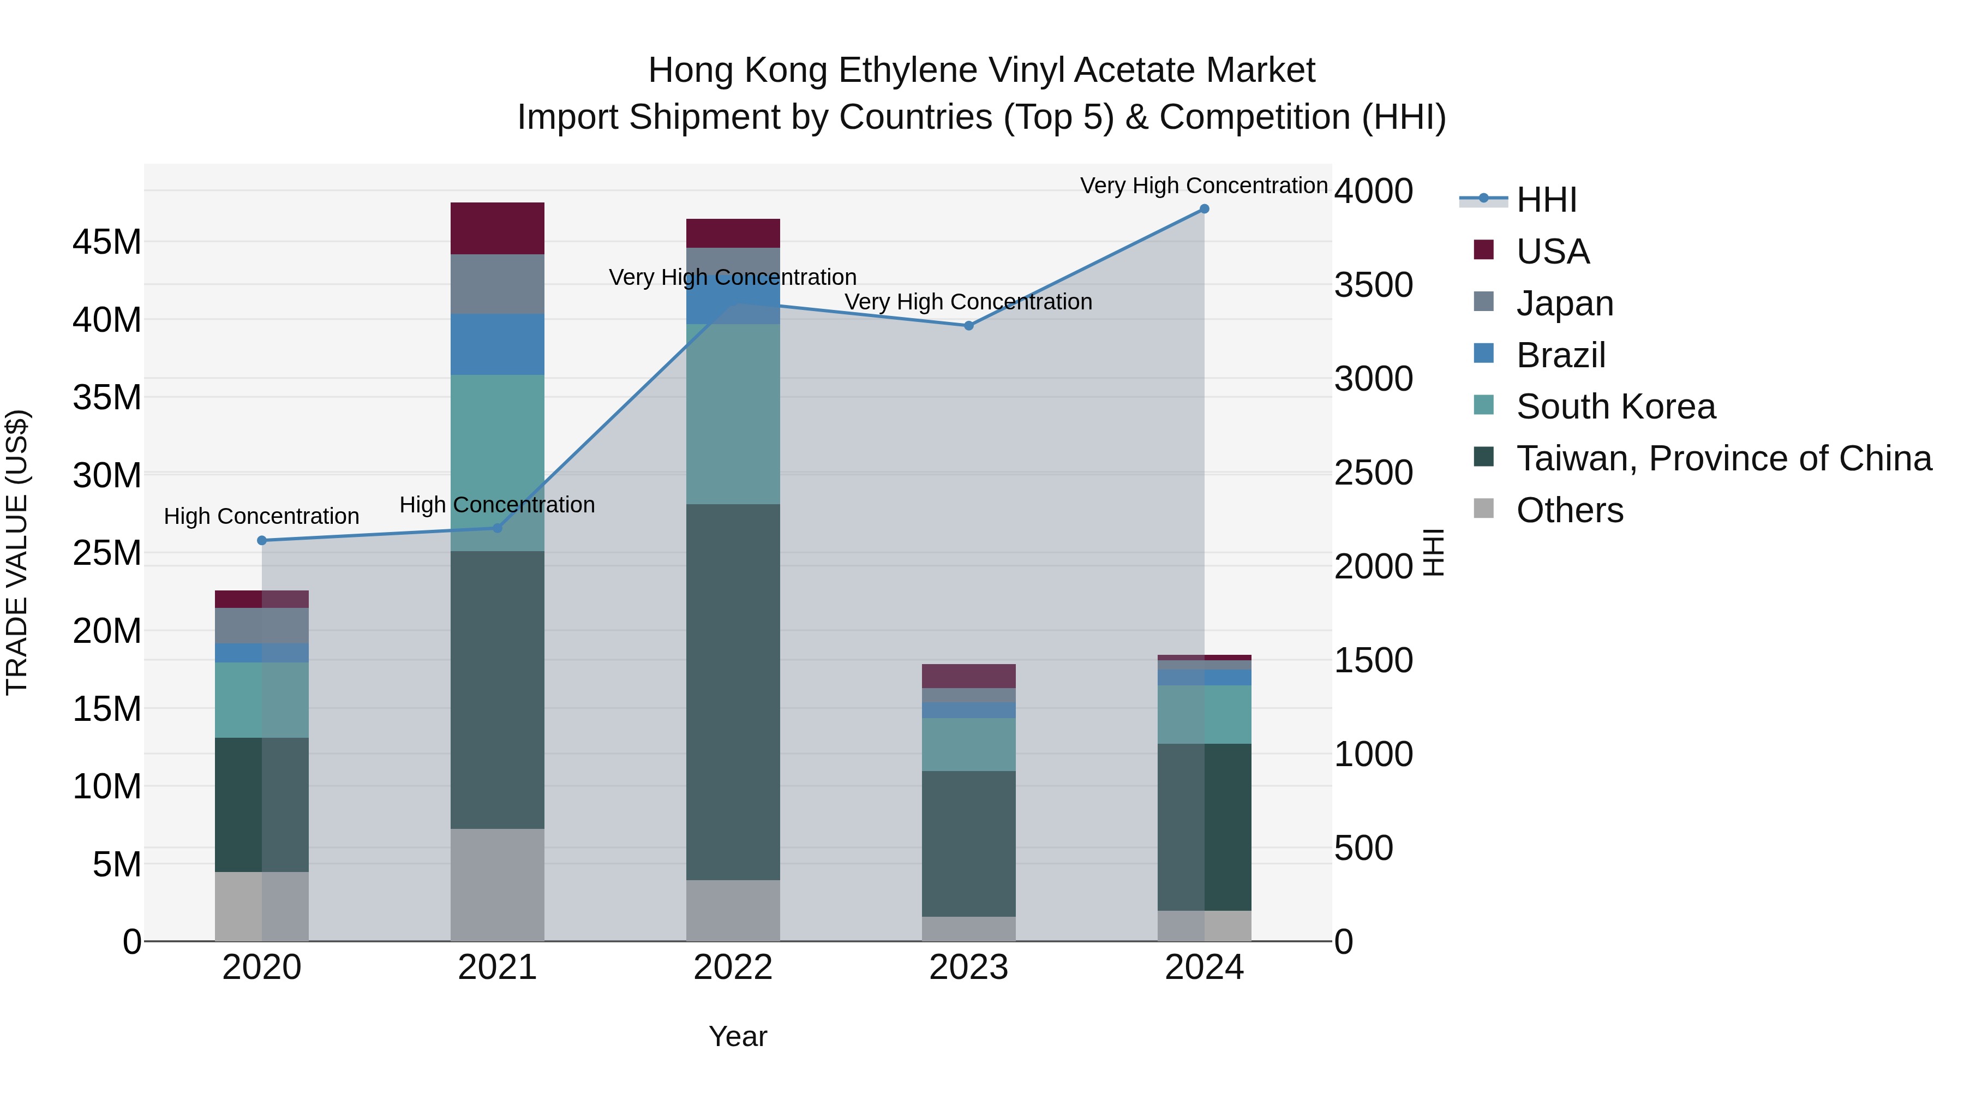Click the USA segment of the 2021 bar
497,228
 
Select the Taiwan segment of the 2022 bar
733,692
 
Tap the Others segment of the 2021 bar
497,884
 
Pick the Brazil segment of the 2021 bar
497,344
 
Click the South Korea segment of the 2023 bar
968,744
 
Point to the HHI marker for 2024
1204,209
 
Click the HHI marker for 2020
261,541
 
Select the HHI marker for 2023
968,326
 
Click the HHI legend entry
1546,200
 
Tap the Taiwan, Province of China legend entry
1723,458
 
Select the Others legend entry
1569,510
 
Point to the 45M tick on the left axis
107,242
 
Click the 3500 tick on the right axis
1373,285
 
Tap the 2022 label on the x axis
733,967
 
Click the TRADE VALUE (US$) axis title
17,552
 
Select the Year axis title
737,1036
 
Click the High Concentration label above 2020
261,516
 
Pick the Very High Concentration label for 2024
1204,186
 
